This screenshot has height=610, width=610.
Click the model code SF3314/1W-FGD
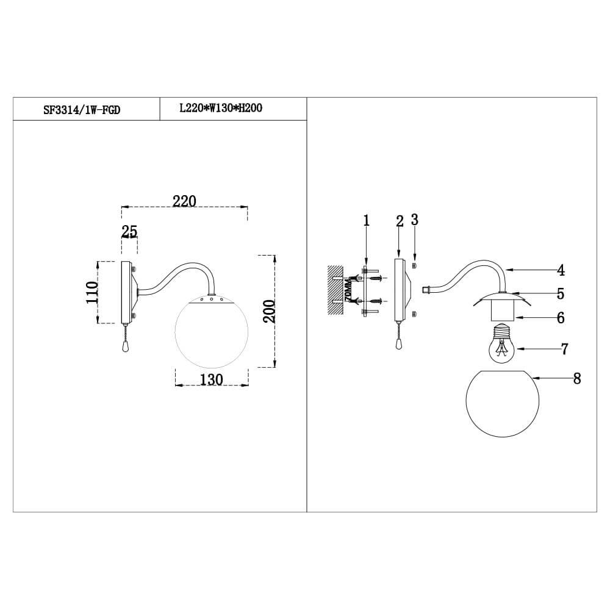(x=85, y=110)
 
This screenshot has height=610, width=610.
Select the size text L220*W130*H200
(x=220, y=109)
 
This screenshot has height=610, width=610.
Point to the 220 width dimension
(x=184, y=201)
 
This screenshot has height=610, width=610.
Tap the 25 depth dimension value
(x=129, y=231)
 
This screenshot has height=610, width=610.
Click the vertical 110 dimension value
(x=92, y=293)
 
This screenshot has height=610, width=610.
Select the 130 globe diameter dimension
(x=212, y=379)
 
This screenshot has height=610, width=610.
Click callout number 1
(x=367, y=220)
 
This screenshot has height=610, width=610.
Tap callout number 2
(x=400, y=221)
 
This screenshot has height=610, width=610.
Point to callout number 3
(x=415, y=220)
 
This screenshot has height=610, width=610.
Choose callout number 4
(x=561, y=270)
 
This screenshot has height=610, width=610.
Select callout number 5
(x=560, y=293)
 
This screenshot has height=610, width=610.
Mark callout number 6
(x=560, y=318)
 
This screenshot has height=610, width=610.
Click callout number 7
(x=564, y=349)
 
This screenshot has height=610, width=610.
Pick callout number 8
(x=576, y=379)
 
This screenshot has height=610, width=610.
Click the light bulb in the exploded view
(x=501, y=346)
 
